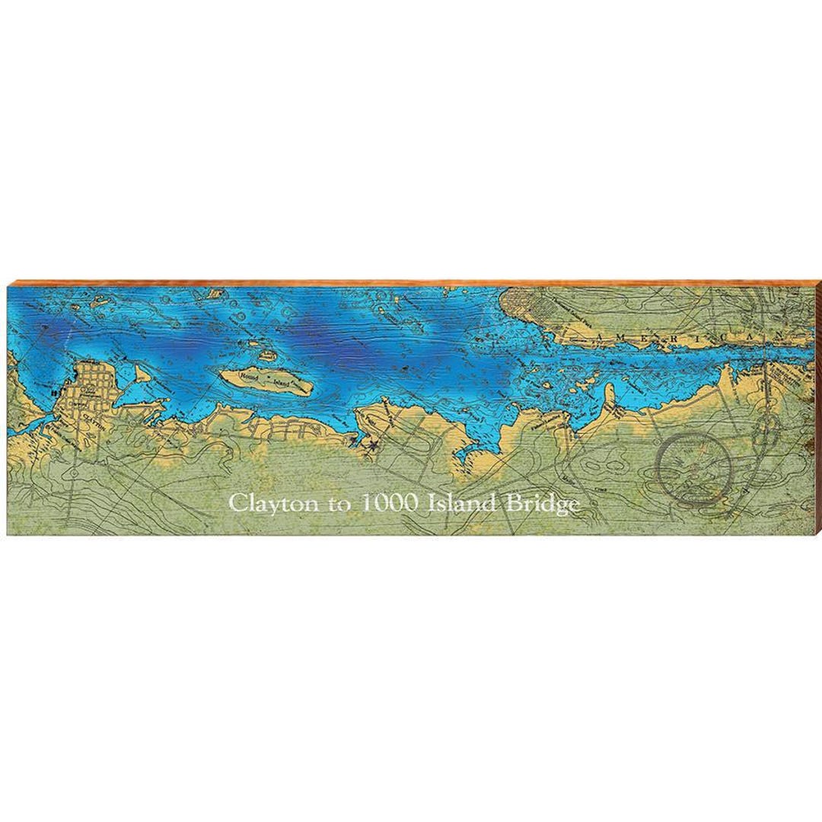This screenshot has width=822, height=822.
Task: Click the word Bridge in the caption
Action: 542,504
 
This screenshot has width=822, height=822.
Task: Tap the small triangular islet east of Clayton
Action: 141,373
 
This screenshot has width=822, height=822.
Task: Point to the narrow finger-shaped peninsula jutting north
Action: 609,396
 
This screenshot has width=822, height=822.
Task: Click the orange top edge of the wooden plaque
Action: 411,283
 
